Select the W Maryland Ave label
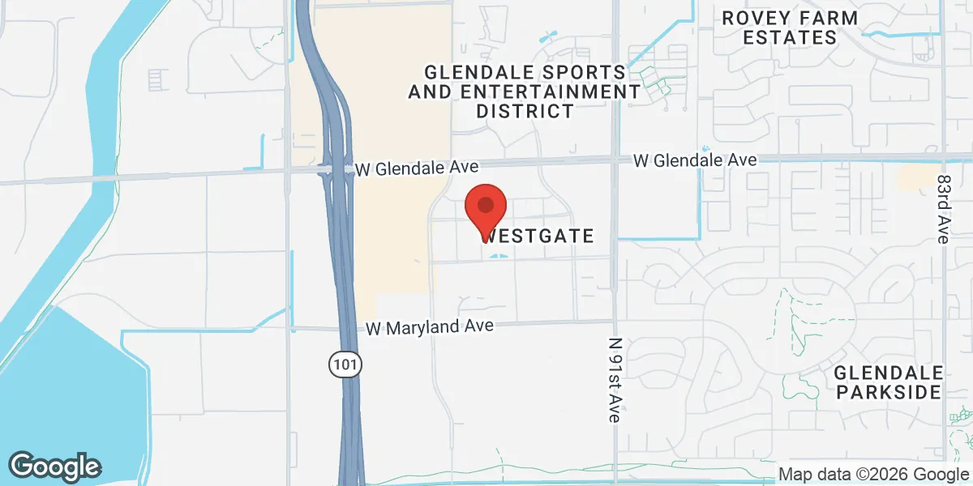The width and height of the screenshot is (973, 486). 430,327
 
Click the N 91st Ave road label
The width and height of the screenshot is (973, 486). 615,380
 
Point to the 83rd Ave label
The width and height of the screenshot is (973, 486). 942,208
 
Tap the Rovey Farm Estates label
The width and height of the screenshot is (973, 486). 779,28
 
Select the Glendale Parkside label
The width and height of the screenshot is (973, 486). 889,382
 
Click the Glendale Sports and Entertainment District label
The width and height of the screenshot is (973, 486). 525,91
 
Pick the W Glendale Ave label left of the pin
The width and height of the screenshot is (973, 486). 418,168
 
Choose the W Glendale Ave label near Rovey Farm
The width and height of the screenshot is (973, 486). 695,160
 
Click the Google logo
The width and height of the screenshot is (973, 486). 54,466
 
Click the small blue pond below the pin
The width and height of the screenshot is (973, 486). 499,257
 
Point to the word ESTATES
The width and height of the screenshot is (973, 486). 779,37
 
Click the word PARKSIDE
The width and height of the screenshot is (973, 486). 889,392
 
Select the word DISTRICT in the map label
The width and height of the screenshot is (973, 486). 525,111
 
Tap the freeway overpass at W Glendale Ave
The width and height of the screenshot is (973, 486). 337,170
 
